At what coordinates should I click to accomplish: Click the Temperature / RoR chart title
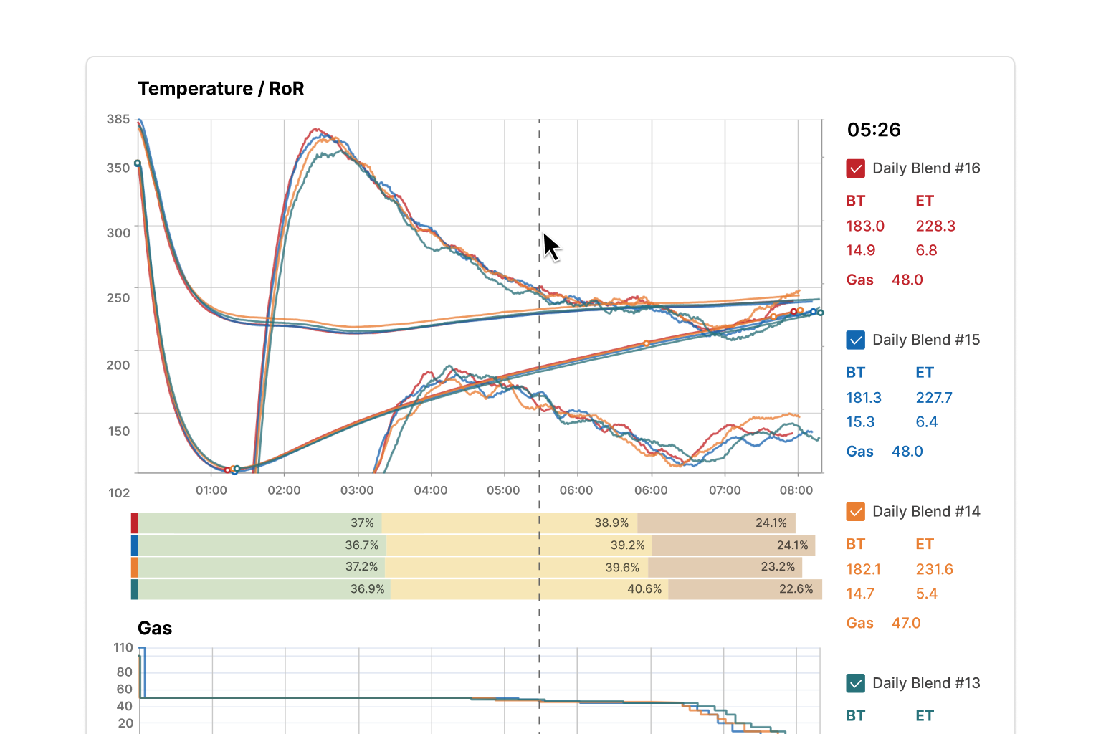(221, 89)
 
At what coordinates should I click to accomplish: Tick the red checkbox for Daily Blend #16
(856, 168)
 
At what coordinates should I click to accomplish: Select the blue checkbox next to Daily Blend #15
(856, 340)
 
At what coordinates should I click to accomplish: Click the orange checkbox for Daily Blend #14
(856, 512)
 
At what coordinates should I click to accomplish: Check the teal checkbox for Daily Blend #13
(856, 683)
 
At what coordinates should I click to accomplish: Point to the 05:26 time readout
(874, 130)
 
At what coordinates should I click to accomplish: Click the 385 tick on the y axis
(118, 120)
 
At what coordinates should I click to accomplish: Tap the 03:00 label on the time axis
(357, 490)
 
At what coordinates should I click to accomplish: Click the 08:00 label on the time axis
(796, 490)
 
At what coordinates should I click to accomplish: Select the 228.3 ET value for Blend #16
(935, 226)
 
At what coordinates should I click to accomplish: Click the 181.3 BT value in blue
(864, 398)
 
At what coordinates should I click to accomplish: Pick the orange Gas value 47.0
(906, 623)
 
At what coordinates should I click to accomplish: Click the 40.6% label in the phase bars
(644, 589)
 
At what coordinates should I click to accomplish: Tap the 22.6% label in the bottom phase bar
(796, 589)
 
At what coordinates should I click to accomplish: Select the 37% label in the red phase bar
(362, 523)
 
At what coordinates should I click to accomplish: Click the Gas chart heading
(155, 629)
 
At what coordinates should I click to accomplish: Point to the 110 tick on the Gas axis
(123, 648)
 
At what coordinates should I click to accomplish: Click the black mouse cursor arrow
(550, 247)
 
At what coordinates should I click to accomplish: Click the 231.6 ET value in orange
(934, 569)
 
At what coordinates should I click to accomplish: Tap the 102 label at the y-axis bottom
(119, 493)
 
